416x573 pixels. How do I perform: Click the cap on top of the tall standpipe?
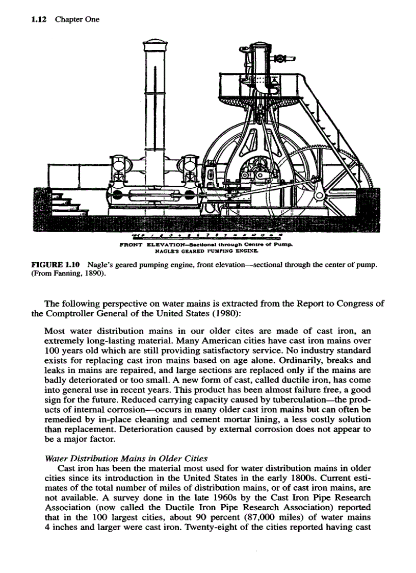pos(152,44)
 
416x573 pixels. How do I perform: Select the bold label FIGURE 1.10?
pos(58,265)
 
